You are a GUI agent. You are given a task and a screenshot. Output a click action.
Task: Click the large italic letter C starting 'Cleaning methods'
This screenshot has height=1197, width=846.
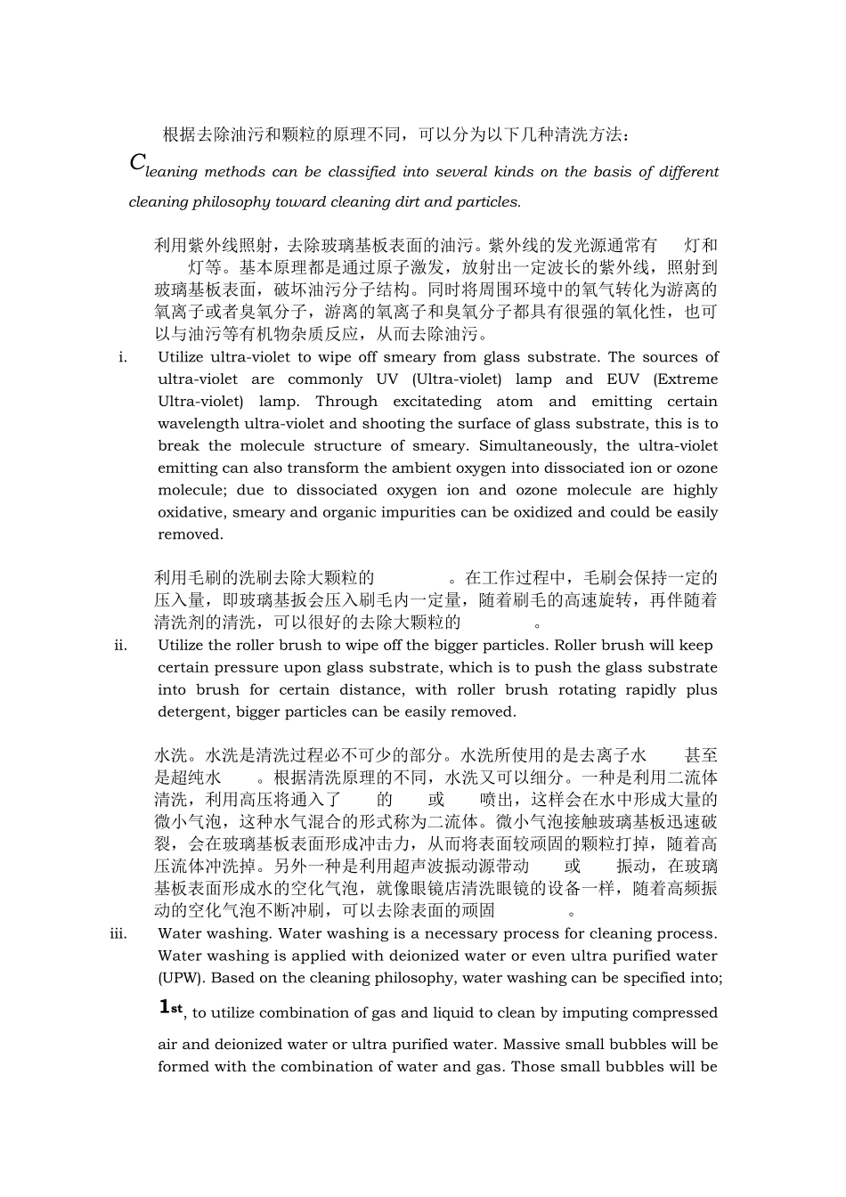click(x=137, y=162)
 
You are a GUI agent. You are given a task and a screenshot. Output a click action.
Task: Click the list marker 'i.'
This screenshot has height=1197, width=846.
click(x=123, y=357)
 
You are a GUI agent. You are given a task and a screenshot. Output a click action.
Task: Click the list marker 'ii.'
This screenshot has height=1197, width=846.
click(x=121, y=646)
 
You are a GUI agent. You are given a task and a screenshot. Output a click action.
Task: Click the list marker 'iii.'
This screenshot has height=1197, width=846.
click(x=119, y=934)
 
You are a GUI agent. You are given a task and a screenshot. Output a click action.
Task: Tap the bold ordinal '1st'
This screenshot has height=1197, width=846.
click(x=171, y=1007)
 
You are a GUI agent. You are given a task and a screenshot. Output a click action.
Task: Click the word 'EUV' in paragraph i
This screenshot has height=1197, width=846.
click(x=622, y=379)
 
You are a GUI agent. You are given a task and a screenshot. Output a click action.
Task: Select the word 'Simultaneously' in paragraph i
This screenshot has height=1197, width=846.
click(x=541, y=446)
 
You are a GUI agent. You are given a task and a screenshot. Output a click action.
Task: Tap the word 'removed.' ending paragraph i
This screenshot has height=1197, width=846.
click(x=191, y=535)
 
